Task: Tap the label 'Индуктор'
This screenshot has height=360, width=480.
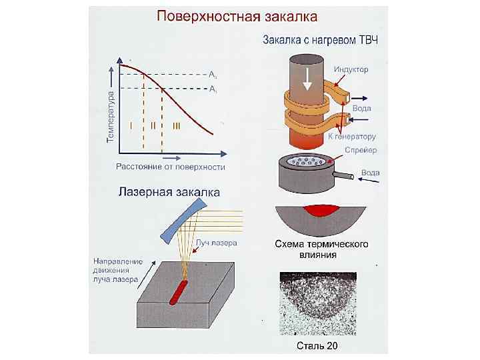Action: [351, 69]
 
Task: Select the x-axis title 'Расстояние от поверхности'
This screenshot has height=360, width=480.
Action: [171, 167]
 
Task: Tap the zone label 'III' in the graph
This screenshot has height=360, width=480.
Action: [177, 125]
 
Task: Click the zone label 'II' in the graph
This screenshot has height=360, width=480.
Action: [153, 125]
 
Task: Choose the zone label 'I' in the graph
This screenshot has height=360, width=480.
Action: [131, 125]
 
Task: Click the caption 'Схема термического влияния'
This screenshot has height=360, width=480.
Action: [322, 249]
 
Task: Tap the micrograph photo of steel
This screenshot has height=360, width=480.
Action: [323, 303]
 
